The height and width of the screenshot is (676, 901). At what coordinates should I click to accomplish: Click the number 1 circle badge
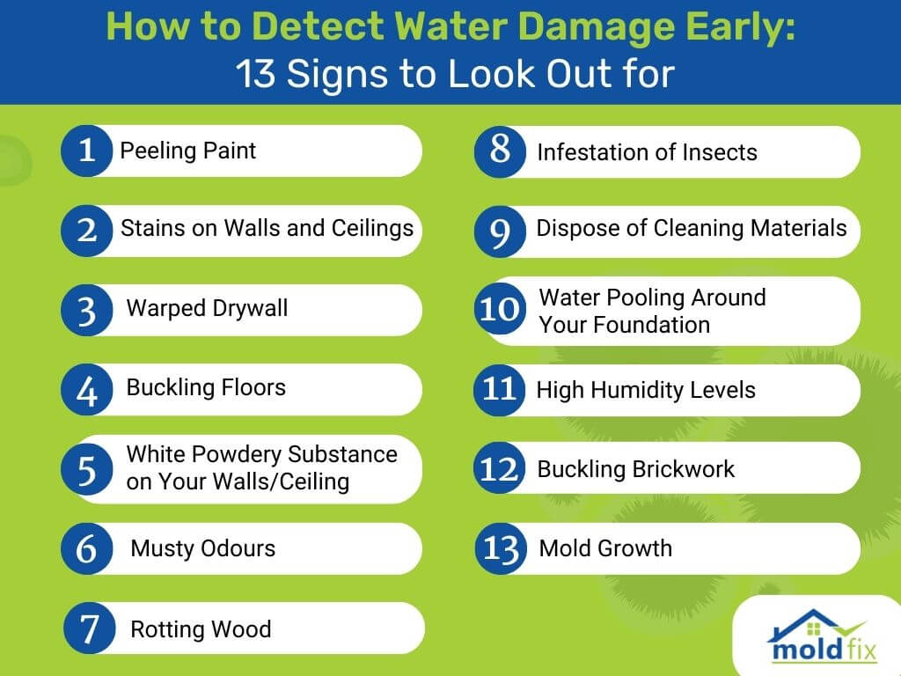click(x=87, y=151)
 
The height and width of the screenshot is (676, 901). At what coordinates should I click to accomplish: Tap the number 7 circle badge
click(x=90, y=628)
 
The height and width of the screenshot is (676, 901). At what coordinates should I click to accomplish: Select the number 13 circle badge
click(x=501, y=548)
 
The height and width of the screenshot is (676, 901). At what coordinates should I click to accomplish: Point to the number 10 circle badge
click(x=500, y=309)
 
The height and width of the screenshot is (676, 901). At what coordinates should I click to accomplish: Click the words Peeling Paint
click(x=188, y=151)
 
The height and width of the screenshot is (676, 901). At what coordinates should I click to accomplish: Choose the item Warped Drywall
click(x=207, y=309)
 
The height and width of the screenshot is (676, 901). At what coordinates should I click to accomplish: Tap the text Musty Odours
click(x=203, y=548)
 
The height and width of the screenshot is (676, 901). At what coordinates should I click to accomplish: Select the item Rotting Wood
click(x=201, y=628)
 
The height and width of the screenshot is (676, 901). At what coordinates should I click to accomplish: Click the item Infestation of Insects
click(x=647, y=152)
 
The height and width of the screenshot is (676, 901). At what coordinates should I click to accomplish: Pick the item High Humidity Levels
click(x=646, y=390)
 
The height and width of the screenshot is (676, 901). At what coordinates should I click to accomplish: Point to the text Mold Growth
click(x=605, y=548)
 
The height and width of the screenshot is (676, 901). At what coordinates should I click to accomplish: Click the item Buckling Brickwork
click(x=635, y=469)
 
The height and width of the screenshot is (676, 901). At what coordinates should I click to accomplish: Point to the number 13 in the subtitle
click(x=255, y=74)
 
